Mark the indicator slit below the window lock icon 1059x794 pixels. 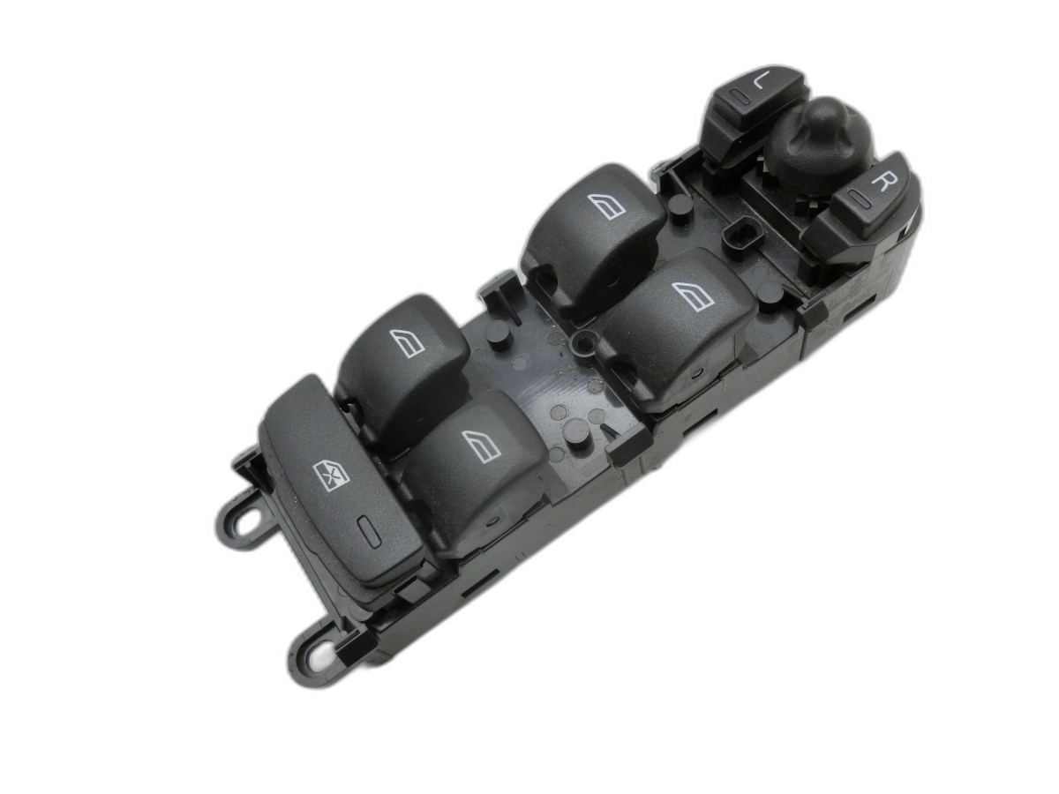[x=365, y=530]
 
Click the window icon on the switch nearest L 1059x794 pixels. [x=606, y=206]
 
